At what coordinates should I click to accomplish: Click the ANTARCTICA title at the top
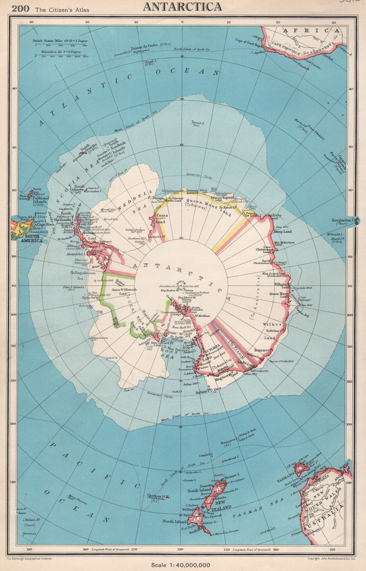point(182,7)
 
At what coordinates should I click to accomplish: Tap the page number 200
point(20,9)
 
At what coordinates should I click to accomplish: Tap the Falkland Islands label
point(40,200)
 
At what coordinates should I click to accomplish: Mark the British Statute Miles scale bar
point(60,46)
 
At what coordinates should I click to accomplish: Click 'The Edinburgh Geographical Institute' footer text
point(29,559)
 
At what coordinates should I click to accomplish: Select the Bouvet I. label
point(197,123)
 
